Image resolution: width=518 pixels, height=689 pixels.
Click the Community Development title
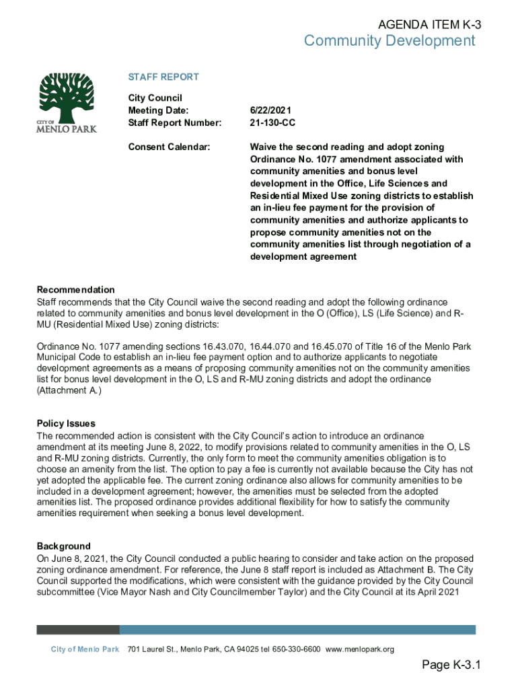click(389, 42)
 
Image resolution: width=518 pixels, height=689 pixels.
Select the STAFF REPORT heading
click(163, 77)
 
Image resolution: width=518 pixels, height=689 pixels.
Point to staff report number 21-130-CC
click(272, 122)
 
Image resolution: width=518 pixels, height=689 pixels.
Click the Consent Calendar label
click(169, 147)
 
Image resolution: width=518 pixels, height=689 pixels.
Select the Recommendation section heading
click(75, 290)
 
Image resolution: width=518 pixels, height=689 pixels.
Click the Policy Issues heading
click(66, 424)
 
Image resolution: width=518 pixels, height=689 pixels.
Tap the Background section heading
click(63, 546)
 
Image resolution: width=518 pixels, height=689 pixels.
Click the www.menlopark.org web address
click(359, 649)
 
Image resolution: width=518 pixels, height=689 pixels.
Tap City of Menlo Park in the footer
click(85, 649)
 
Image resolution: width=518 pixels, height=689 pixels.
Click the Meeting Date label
click(158, 110)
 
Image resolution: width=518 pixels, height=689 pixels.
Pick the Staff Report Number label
click(174, 122)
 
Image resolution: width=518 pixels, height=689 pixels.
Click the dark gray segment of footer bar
click(77, 630)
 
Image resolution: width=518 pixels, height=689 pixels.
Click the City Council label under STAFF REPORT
click(155, 98)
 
